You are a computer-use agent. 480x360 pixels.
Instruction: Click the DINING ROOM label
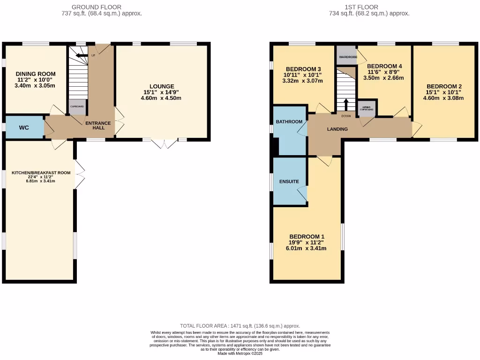(36, 74)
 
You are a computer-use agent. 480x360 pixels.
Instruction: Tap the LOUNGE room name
(162, 86)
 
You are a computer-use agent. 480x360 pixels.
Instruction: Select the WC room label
(24, 127)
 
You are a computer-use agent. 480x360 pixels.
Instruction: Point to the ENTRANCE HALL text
(98, 126)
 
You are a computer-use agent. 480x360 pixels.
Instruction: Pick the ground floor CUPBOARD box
(77, 107)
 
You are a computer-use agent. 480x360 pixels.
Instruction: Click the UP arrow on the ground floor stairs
(82, 55)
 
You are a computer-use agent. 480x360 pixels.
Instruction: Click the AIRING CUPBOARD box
(367, 108)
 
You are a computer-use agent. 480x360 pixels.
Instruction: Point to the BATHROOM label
(289, 122)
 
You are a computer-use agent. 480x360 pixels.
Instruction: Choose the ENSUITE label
(289, 181)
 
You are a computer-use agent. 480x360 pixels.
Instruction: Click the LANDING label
(337, 129)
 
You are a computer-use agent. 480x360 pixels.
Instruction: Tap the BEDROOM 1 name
(307, 236)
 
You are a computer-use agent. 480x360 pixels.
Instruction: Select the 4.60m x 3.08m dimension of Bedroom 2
(443, 98)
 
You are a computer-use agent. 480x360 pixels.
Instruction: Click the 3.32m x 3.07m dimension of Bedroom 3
(303, 81)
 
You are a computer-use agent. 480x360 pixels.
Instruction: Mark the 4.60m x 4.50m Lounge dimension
(162, 98)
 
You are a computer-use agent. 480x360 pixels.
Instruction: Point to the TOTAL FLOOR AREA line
(240, 326)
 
